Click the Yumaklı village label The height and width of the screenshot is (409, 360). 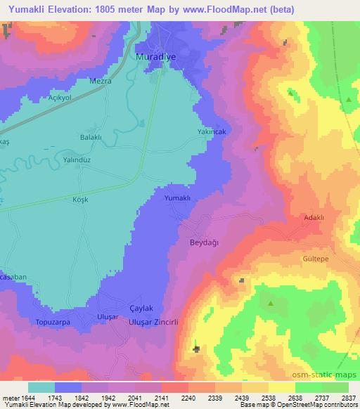177,199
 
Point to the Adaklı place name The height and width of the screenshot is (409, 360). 313,218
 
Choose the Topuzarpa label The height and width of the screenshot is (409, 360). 53,322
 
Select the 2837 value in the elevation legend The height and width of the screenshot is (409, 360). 347,398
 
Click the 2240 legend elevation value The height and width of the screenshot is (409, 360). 188,398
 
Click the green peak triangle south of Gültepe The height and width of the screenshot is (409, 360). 271,304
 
